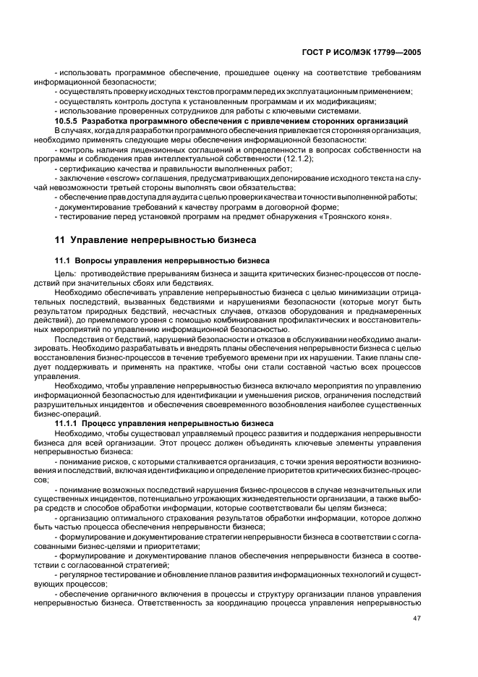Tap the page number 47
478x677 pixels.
(x=417, y=618)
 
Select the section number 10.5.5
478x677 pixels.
(x=69, y=120)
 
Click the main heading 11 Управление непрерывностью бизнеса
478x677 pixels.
(x=152, y=239)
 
